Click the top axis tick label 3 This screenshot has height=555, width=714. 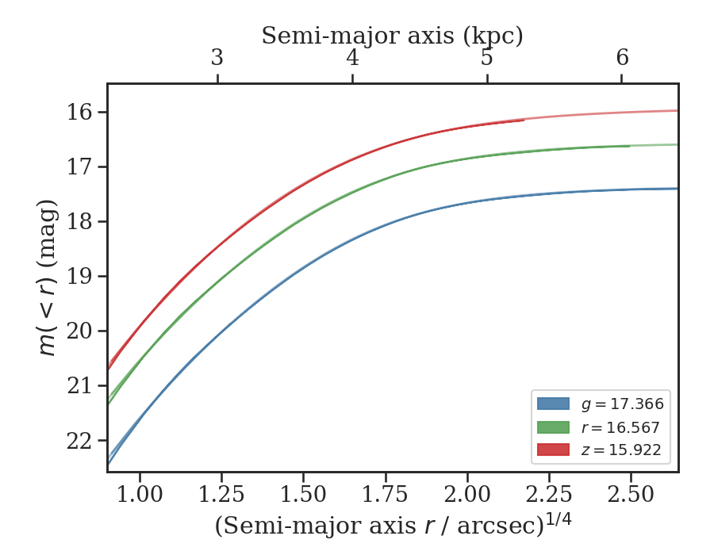(x=217, y=58)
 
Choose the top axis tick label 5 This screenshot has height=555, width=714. (x=487, y=58)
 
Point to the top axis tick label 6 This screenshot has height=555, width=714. (x=622, y=58)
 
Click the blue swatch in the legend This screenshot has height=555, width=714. (x=553, y=404)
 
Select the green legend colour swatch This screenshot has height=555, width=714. (x=553, y=427)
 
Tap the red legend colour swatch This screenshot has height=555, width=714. (x=553, y=450)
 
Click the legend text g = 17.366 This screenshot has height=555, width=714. (x=622, y=404)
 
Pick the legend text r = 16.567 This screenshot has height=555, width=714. (x=622, y=427)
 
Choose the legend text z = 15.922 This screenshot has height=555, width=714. (x=622, y=450)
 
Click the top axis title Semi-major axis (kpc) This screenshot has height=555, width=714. (x=392, y=36)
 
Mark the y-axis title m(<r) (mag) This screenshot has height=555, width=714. (x=49, y=277)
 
